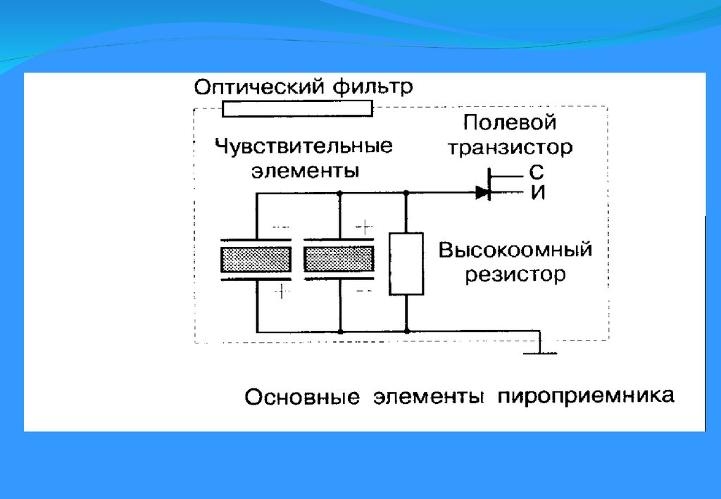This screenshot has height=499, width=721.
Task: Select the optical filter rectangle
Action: pyautogui.click(x=296, y=109)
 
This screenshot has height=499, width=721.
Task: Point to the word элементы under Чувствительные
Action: pyautogui.click(x=305, y=170)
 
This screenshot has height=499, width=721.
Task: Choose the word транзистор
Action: pyautogui.click(x=510, y=148)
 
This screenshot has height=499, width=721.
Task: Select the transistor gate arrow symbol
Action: pyautogui.click(x=483, y=191)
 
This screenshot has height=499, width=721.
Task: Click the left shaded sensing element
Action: pyautogui.click(x=256, y=260)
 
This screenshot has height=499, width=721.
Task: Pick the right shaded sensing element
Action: pyautogui.click(x=339, y=259)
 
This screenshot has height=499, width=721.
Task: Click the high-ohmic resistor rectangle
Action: pyautogui.click(x=406, y=263)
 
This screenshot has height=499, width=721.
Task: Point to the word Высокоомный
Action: pyautogui.click(x=515, y=251)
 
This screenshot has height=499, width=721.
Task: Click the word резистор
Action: pyautogui.click(x=515, y=274)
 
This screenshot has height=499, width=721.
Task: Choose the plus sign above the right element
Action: pyautogui.click(x=363, y=227)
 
